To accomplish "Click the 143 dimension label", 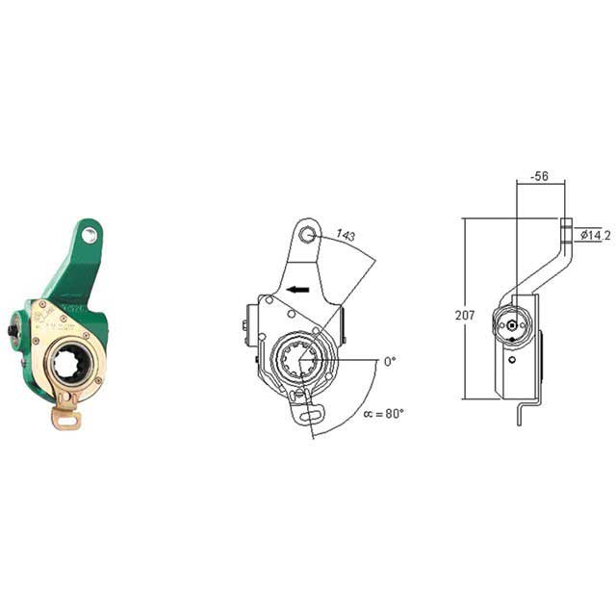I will [x=345, y=236].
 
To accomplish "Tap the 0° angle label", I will [x=389, y=361].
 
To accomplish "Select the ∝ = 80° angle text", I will [x=383, y=414].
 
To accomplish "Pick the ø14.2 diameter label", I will [x=594, y=235].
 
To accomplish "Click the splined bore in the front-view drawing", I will [x=304, y=364].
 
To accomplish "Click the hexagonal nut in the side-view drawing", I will [x=508, y=325].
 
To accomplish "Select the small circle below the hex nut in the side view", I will [x=512, y=360].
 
